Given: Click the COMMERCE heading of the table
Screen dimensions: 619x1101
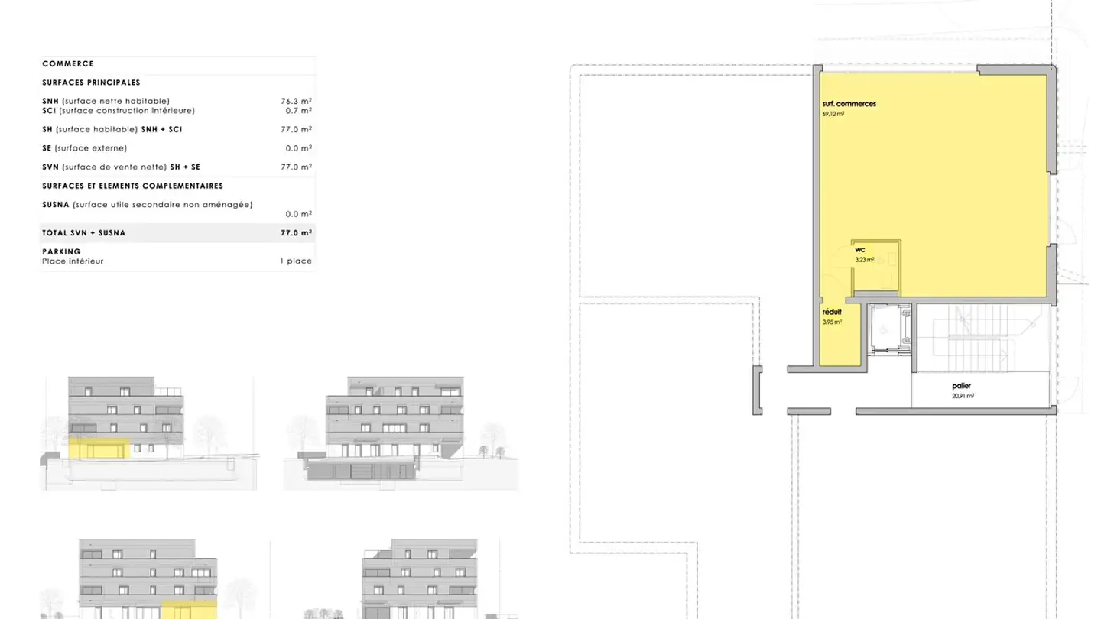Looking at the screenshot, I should [x=68, y=64].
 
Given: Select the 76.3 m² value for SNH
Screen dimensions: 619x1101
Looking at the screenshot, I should [x=296, y=101].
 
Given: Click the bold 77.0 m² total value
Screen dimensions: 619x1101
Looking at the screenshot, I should [x=296, y=233].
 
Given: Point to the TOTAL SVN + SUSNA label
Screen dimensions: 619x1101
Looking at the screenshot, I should [x=84, y=233].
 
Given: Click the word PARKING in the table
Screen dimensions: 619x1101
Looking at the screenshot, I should [x=61, y=251].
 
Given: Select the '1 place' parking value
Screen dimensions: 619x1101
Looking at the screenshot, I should [x=295, y=261].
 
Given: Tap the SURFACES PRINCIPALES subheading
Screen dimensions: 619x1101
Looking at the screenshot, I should [x=91, y=83].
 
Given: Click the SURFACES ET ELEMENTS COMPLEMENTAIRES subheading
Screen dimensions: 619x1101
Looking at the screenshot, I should [x=132, y=186].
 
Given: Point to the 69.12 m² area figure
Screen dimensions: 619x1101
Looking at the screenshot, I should [x=833, y=114].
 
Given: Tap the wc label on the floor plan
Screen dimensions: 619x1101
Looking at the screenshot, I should [x=859, y=250].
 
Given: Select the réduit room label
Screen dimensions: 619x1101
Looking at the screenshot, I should [x=832, y=313].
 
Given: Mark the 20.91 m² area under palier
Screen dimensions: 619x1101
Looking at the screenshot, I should [x=963, y=396].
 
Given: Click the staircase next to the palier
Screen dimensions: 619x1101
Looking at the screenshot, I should [x=978, y=337].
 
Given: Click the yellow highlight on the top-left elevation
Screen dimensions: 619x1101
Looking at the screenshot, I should [x=100, y=449].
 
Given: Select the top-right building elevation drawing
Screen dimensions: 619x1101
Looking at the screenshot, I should [x=400, y=432].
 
